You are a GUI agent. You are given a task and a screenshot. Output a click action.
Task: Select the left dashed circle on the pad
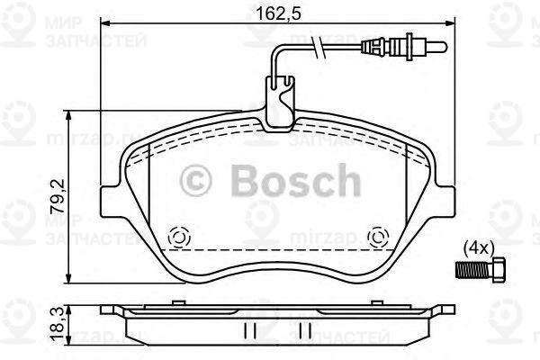[177, 237]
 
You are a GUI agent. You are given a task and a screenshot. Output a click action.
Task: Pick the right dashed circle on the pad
[379, 237]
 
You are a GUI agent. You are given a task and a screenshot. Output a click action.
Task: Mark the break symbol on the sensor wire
[316, 48]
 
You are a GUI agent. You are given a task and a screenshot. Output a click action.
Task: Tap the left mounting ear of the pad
[108, 198]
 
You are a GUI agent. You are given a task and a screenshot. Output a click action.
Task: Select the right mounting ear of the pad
[448, 198]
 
